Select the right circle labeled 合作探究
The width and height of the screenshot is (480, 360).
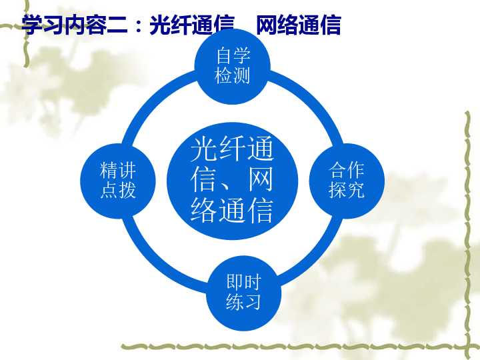click(x=347, y=180)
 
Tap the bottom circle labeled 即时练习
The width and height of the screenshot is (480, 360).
click(x=243, y=293)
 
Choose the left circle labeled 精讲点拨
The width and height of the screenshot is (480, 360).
click(x=118, y=180)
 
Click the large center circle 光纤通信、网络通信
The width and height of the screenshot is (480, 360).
click(x=232, y=180)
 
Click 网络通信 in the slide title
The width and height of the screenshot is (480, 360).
click(x=298, y=25)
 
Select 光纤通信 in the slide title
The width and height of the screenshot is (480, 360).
click(x=193, y=25)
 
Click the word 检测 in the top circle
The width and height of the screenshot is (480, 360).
click(x=232, y=75)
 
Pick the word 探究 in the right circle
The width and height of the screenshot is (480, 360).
click(x=347, y=189)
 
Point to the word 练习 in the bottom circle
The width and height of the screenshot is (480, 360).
click(x=243, y=302)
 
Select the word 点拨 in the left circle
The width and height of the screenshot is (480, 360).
click(x=118, y=189)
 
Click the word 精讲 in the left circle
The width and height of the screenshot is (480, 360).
click(x=118, y=170)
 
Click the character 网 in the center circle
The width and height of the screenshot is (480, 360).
click(x=261, y=180)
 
